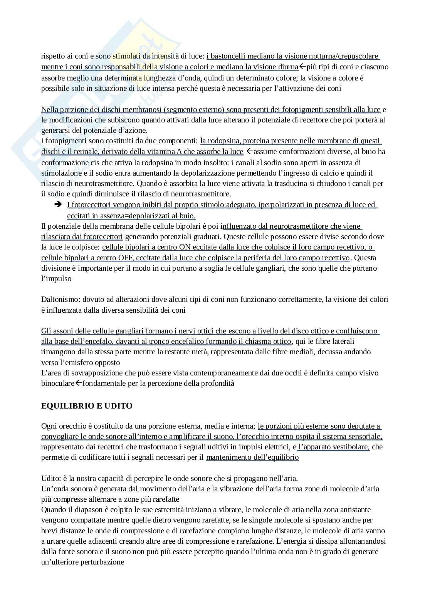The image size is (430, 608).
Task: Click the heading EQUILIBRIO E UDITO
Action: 87,405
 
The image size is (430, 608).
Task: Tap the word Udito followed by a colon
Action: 49,479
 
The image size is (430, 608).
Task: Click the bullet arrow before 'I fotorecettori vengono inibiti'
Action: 58,205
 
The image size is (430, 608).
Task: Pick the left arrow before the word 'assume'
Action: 250,152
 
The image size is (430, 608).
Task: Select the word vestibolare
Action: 352,447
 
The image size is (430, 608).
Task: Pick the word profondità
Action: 217,383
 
